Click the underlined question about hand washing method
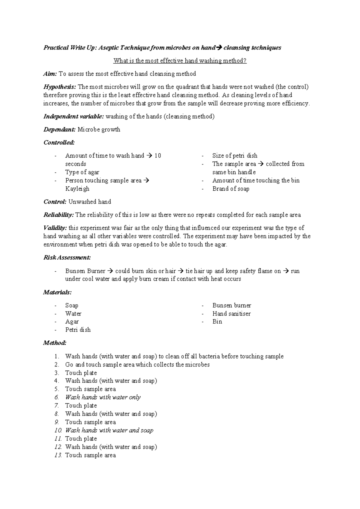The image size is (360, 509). tap(180, 61)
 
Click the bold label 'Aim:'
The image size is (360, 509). tap(50, 74)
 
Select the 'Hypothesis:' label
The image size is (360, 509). tap(60, 87)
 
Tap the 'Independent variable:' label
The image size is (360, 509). tap(73, 116)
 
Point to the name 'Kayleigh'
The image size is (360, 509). tap(77, 189)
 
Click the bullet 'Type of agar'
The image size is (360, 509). tap(82, 172)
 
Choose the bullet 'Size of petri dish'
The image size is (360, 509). tap(235, 155)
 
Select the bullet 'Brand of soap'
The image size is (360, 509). tap(231, 189)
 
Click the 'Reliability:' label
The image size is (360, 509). tap(58, 215)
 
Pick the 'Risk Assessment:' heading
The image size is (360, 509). tap(67, 258)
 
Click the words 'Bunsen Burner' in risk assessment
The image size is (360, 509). tap(85, 271)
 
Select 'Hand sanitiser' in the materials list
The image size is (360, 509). tap(231, 314)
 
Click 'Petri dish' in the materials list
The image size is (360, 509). tap(78, 330)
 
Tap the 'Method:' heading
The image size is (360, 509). tap(55, 343)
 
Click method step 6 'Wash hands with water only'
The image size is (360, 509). tap(103, 397)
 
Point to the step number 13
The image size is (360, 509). tap(58, 455)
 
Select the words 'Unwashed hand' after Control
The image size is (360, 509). tap(90, 202)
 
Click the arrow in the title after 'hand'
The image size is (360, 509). tap(219, 48)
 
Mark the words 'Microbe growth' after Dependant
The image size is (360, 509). tap(99, 130)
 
